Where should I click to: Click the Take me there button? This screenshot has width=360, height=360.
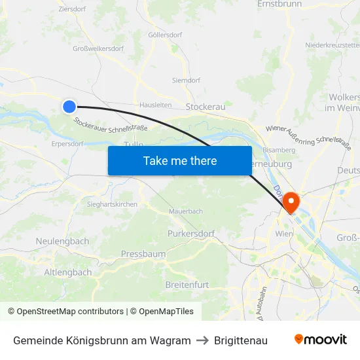click(180, 160)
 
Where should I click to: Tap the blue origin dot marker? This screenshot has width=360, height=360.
click(69, 107)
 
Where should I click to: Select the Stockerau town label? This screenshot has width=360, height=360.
click(206, 106)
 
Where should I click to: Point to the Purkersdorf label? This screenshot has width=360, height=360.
click(191, 233)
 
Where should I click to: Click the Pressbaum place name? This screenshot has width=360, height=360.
click(143, 254)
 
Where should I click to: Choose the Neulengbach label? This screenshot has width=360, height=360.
click(62, 242)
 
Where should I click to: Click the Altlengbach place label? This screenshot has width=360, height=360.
click(68, 272)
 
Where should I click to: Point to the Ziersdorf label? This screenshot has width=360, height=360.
click(73, 10)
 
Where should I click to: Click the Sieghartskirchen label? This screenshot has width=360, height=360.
click(112, 204)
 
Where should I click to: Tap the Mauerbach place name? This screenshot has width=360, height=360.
click(186, 211)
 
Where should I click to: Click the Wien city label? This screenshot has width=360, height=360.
click(283, 234)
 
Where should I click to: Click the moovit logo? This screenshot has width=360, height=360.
click(320, 340)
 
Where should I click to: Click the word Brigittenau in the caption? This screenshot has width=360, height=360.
click(241, 340)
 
